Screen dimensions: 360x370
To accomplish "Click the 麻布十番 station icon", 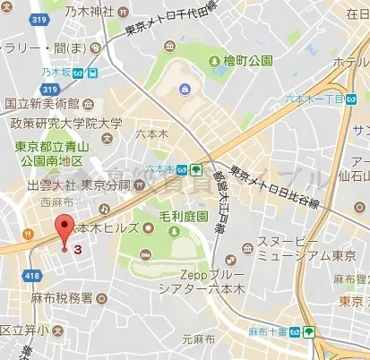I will tap(309, 330).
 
